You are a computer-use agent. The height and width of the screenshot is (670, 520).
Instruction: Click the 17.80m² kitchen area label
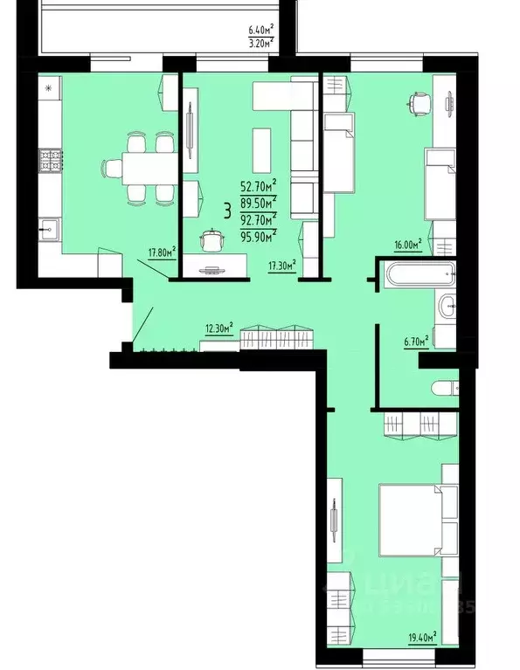162,252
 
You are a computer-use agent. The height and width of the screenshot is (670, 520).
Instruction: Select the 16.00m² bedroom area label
407,245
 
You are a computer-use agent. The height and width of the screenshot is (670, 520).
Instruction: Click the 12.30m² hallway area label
218,328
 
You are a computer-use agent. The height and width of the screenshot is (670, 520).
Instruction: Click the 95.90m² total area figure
259,234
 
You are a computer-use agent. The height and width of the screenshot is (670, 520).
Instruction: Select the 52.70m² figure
259,184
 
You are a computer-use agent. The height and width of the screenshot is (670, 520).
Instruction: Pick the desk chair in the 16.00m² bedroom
418,103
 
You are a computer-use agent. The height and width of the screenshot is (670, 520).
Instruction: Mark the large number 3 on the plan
228,210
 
